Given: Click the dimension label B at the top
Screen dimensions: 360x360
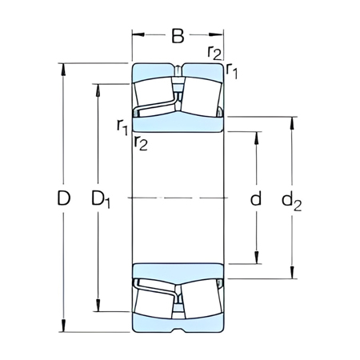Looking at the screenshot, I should click(x=178, y=35).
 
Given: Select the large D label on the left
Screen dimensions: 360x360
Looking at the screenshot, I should click(x=65, y=198).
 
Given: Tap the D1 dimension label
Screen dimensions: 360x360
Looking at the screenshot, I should click(x=101, y=198).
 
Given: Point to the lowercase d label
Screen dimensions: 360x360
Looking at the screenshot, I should click(x=256, y=198).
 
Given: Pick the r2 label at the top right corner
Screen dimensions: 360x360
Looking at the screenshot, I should click(x=214, y=53).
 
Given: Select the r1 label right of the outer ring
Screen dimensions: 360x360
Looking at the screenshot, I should click(x=233, y=72).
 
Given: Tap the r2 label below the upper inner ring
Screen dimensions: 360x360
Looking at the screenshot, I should click(x=141, y=143).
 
